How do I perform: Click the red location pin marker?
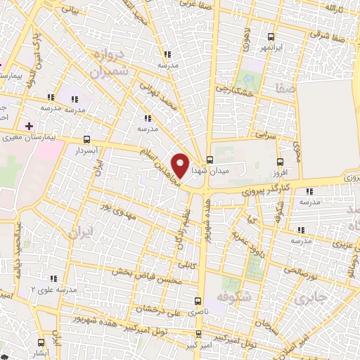pyautogui.click(x=181, y=165)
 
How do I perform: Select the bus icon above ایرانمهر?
pyautogui.click(x=271, y=37)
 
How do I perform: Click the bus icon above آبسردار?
pyautogui.click(x=86, y=139)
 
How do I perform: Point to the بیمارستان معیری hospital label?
pyautogui.click(x=57, y=139)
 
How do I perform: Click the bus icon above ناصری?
pyautogui.click(x=201, y=299)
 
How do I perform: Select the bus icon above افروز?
pyautogui.click(x=279, y=162)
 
